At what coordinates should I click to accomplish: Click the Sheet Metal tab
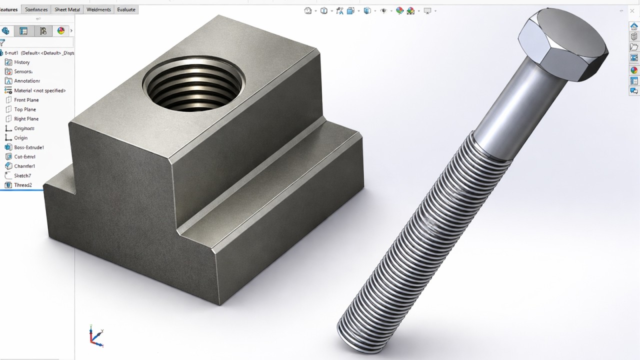tap(67, 9)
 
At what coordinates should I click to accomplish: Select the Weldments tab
tap(98, 9)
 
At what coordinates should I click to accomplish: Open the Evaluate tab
tap(126, 9)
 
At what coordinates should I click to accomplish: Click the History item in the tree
tap(21, 62)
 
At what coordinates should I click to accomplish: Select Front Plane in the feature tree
tap(26, 100)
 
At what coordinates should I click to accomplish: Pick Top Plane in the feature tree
tap(25, 109)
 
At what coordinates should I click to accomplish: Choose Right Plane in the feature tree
tap(26, 119)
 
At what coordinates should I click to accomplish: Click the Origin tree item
tap(20, 138)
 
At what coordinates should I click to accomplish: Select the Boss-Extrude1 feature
tap(28, 147)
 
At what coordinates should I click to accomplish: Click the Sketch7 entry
tap(22, 175)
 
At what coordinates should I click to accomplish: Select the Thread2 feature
tap(22, 185)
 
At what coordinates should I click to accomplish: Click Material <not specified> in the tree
tap(39, 90)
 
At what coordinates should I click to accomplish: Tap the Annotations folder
tap(26, 81)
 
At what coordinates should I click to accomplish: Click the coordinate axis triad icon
tap(96, 336)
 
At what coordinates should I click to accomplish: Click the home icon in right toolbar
tap(633, 26)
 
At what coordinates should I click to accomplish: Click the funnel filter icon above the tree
tap(2, 43)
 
